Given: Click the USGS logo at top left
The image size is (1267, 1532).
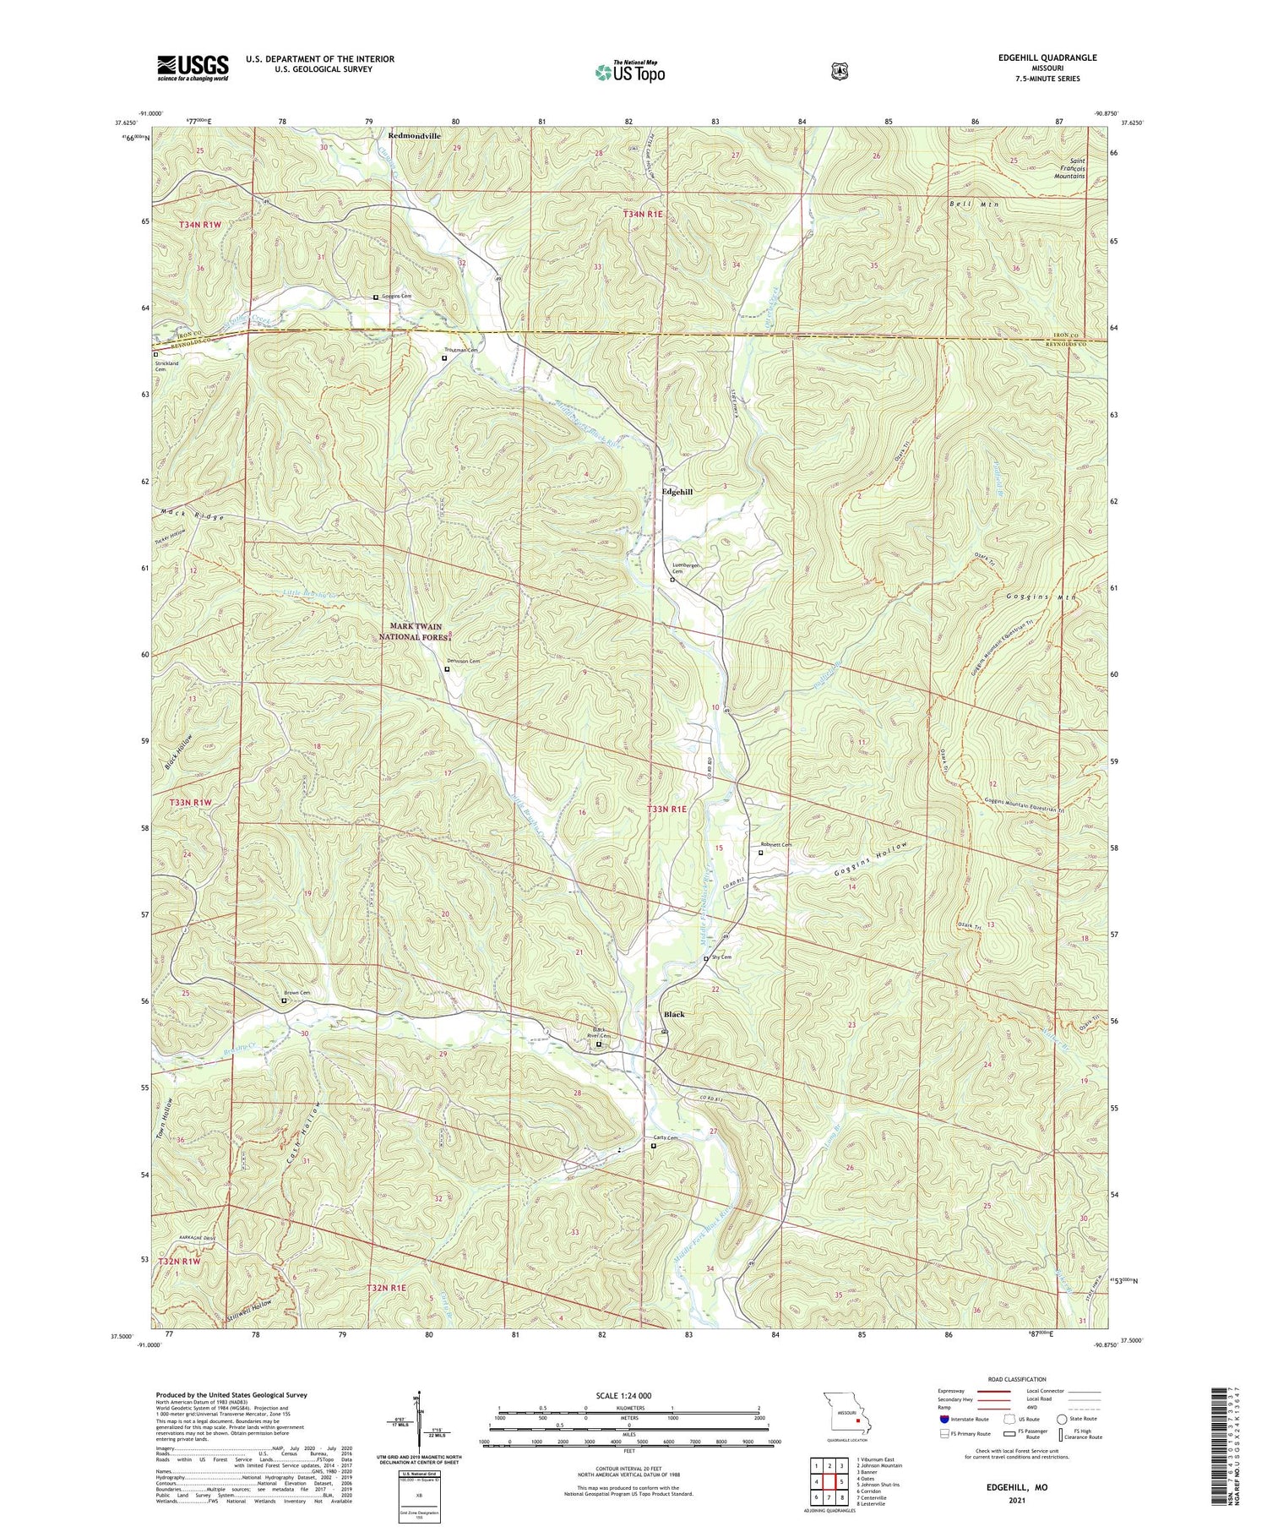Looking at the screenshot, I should click(193, 68).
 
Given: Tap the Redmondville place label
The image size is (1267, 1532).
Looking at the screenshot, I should click(415, 135).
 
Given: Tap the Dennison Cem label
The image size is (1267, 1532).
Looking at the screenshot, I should click(463, 662).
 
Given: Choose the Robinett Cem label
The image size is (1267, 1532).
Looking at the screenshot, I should click(775, 844).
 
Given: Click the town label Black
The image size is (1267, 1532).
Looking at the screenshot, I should click(674, 1013).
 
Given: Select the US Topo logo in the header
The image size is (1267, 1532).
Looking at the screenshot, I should click(628, 72).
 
